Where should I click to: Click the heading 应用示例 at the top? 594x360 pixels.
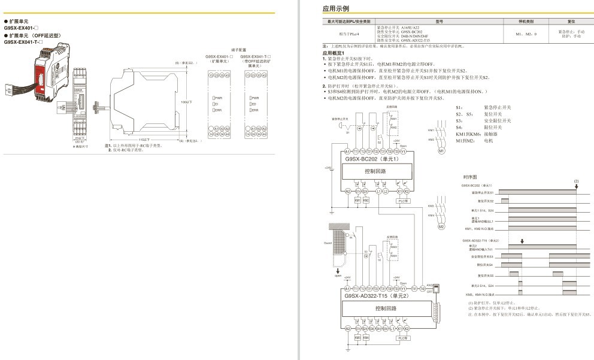(x=335, y=8)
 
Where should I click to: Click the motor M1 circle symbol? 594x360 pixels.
(x=442, y=150)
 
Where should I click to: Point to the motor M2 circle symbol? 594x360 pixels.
(x=441, y=226)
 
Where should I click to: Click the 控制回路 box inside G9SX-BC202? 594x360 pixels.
(x=375, y=171)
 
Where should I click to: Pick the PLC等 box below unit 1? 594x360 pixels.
(x=403, y=201)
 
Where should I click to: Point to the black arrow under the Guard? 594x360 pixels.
(x=337, y=271)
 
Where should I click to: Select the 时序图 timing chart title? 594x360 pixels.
(x=470, y=178)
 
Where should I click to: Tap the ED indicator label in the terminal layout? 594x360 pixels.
(x=254, y=104)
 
